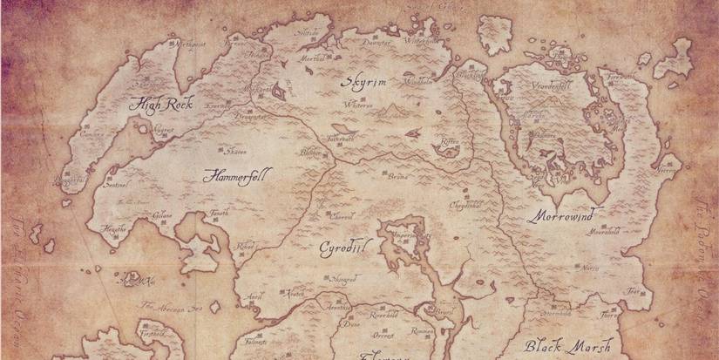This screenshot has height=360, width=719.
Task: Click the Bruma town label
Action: point(397,175)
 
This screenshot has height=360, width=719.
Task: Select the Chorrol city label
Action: point(341,214)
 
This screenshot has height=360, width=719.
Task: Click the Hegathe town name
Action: point(114,228)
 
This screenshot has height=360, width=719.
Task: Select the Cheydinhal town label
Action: point(466,206)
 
